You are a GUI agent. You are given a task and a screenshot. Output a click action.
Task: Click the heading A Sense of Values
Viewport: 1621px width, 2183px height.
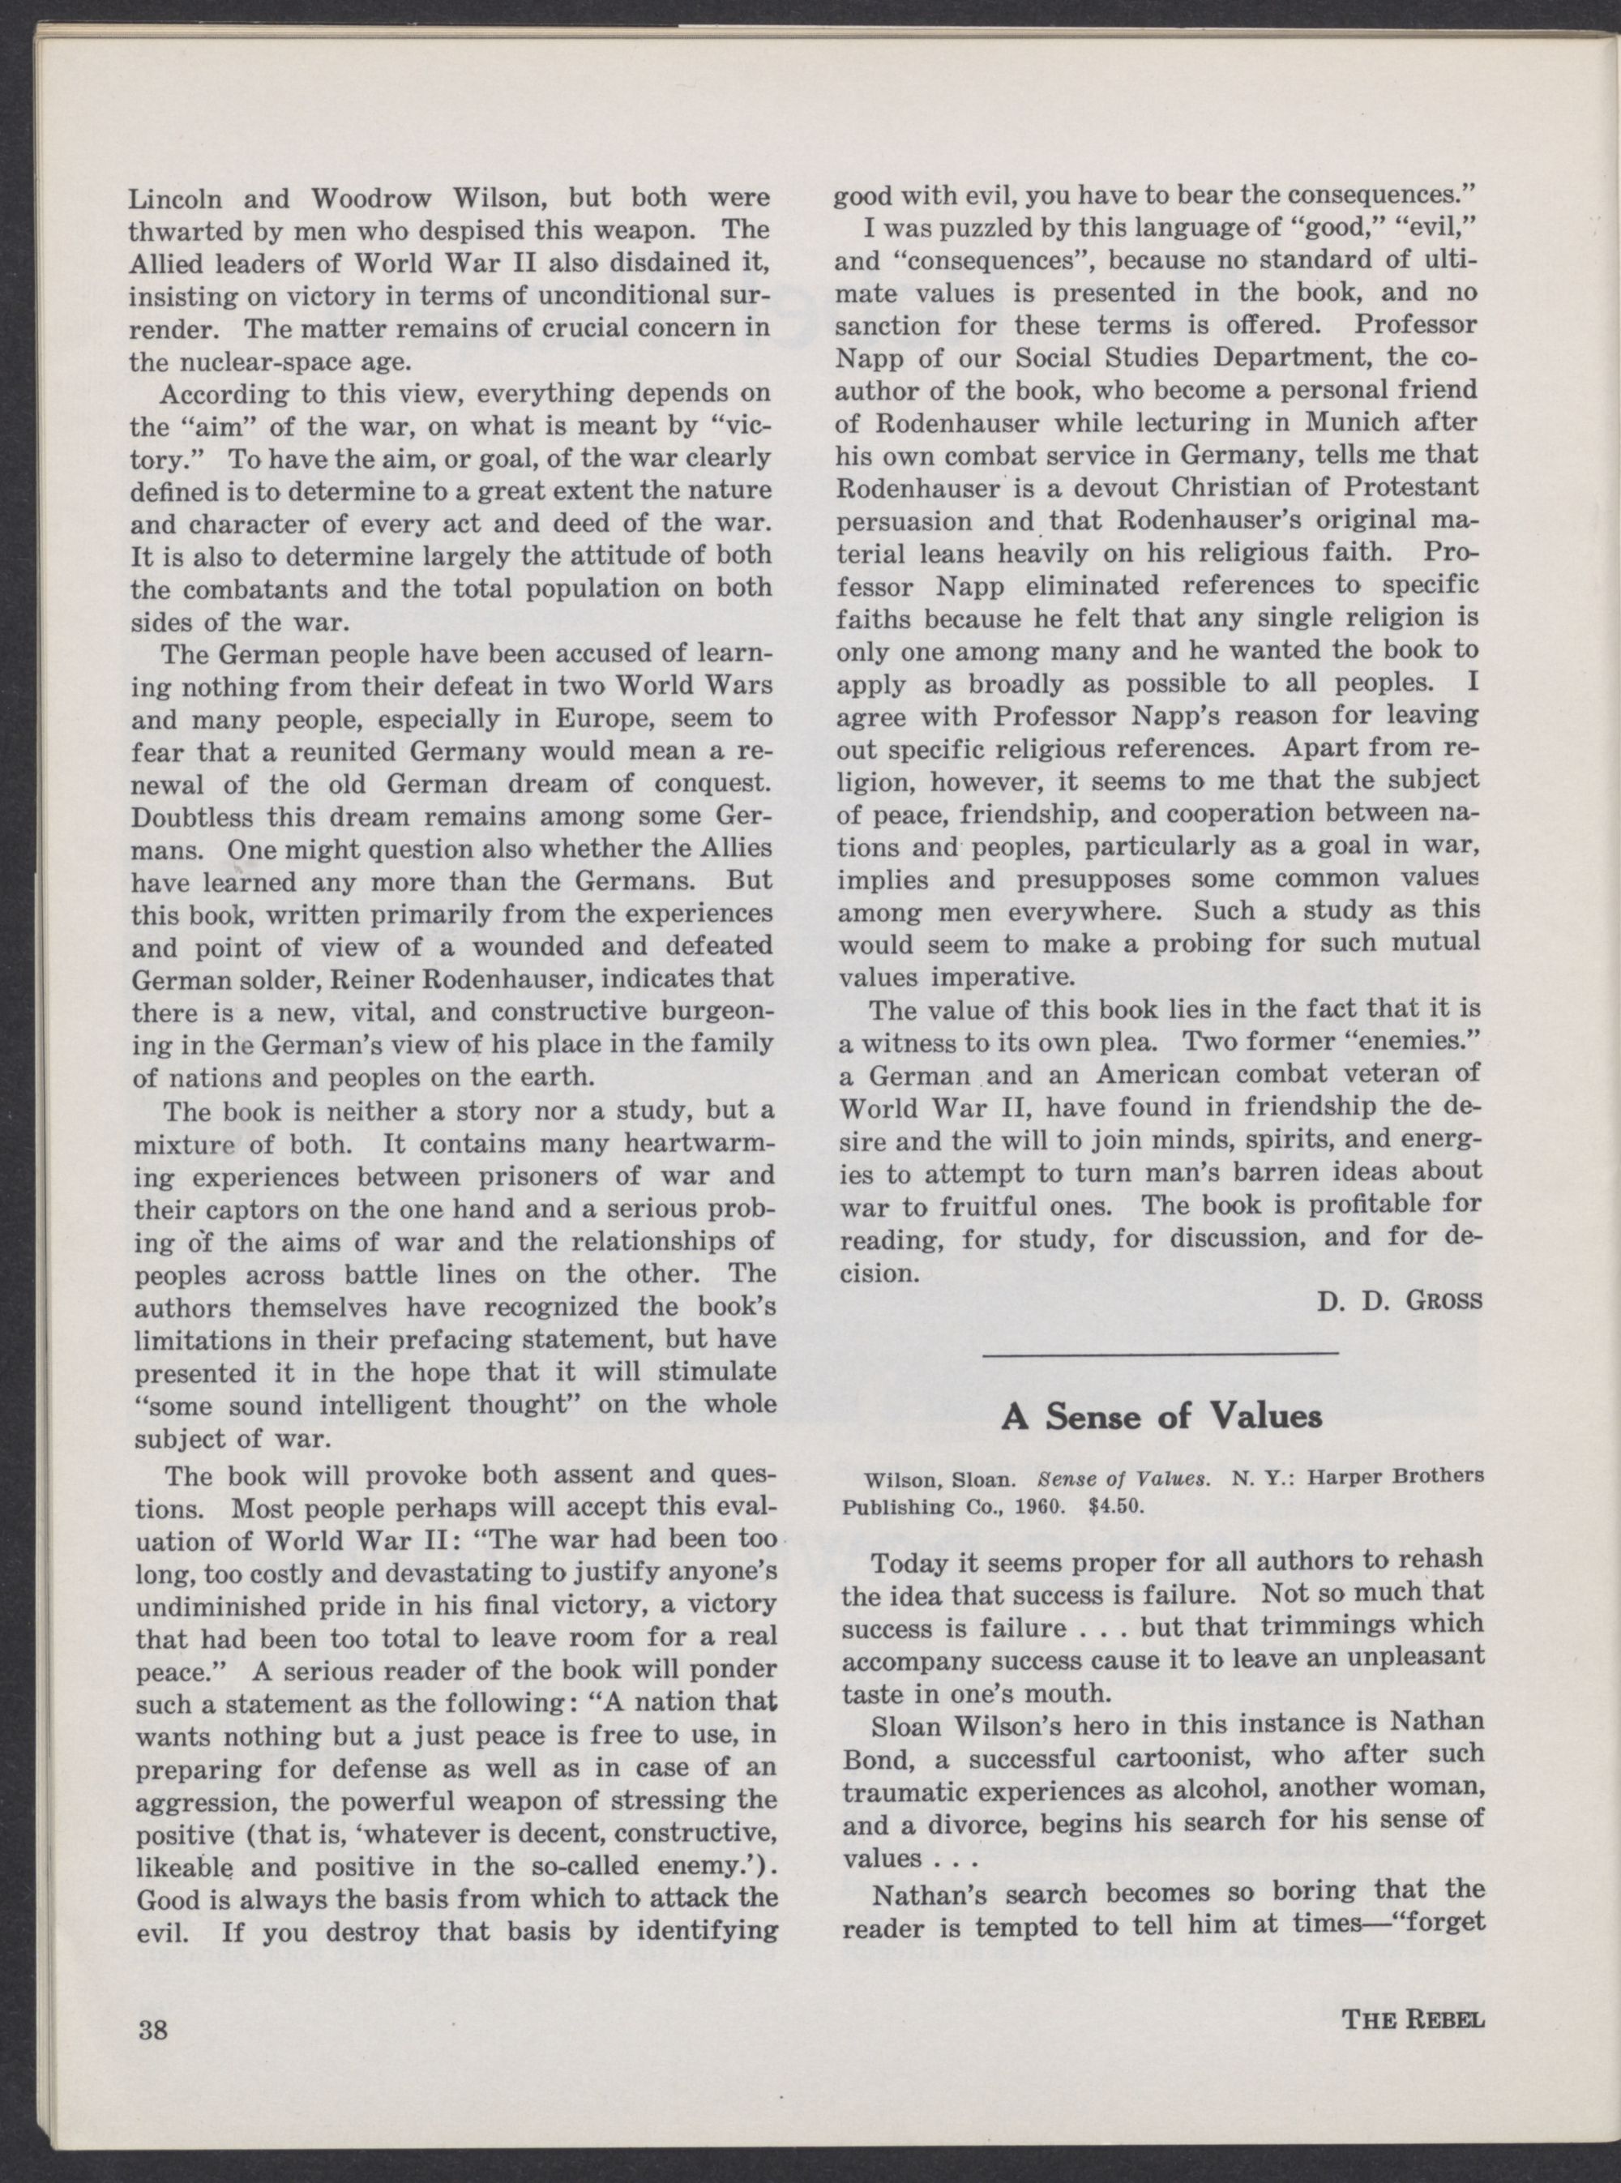(x=1160, y=1416)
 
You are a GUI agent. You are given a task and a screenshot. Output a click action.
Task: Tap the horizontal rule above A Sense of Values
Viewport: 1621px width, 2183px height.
(x=1160, y=1354)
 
